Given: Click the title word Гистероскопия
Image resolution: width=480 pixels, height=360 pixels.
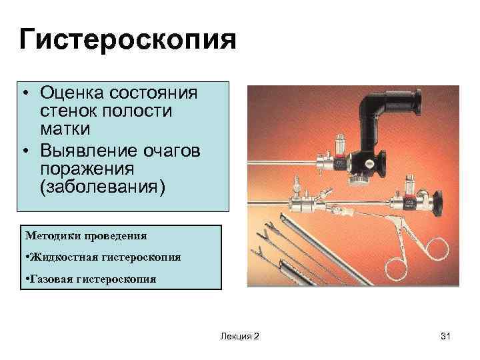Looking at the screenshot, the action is click(127, 39).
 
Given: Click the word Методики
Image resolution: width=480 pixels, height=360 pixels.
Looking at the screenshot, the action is click(51, 235).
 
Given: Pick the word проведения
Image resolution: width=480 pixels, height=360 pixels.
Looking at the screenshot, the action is click(113, 235).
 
